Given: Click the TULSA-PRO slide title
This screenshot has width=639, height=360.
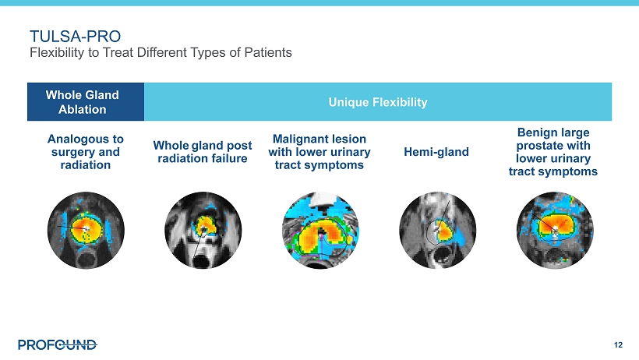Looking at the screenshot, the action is point(75,37).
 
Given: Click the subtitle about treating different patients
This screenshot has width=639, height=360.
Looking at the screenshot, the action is point(161,52).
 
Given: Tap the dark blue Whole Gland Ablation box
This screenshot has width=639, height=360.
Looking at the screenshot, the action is point(86,102).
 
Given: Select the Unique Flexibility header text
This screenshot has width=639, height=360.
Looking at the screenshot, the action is point(378,102).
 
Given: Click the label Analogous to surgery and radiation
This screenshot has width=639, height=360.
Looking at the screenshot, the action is point(86,152).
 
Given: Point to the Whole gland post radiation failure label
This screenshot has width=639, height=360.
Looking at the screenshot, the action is point(203,152).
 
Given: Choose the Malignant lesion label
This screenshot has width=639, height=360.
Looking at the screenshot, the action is point(319,152).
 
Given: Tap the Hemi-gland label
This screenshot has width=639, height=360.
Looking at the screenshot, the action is point(436,152).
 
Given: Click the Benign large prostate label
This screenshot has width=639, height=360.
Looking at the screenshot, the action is point(553,152).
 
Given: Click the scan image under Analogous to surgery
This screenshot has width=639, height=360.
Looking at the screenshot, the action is point(86,231).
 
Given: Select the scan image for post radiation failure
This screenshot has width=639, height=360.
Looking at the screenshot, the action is point(203,231).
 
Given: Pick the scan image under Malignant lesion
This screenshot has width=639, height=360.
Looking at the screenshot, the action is point(320,231).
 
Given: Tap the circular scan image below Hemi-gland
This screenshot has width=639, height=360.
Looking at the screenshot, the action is point(438,231).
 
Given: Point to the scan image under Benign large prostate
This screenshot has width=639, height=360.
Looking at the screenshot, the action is point(555,231).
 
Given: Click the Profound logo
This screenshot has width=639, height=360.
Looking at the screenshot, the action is point(58,345).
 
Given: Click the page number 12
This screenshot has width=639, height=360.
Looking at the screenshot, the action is point(618,345).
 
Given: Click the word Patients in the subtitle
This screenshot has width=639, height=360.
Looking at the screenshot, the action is point(268,52).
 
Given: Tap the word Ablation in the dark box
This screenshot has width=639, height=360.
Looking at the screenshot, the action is point(83,109).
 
